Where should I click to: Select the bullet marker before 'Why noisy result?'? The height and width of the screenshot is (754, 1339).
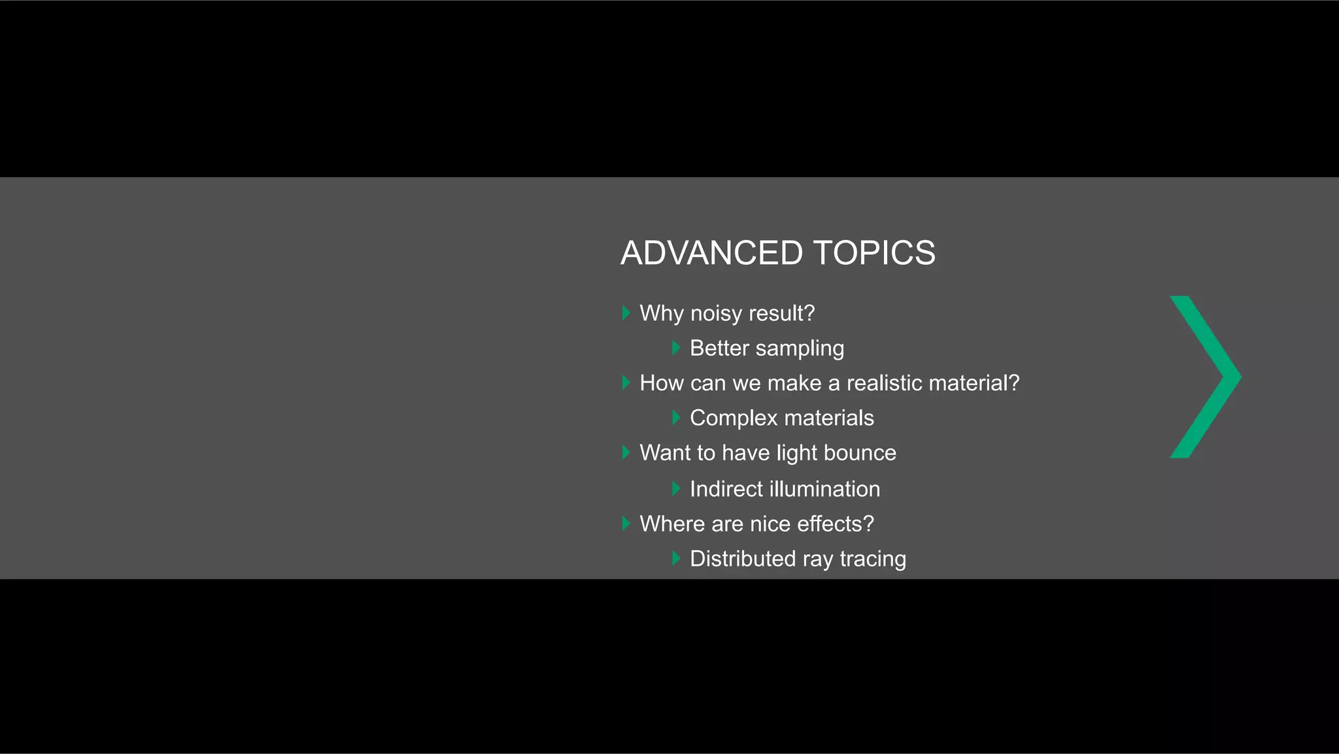click(626, 313)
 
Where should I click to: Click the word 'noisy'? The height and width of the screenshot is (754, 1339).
click(716, 313)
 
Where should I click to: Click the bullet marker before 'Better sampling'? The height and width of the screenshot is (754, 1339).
click(676, 348)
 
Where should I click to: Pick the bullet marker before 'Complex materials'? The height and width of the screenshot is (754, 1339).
click(676, 417)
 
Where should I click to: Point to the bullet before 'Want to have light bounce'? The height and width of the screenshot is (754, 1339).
click(626, 452)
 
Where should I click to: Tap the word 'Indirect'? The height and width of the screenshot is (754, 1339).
click(726, 488)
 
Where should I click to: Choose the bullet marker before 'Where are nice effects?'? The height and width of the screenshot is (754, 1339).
click(626, 523)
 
